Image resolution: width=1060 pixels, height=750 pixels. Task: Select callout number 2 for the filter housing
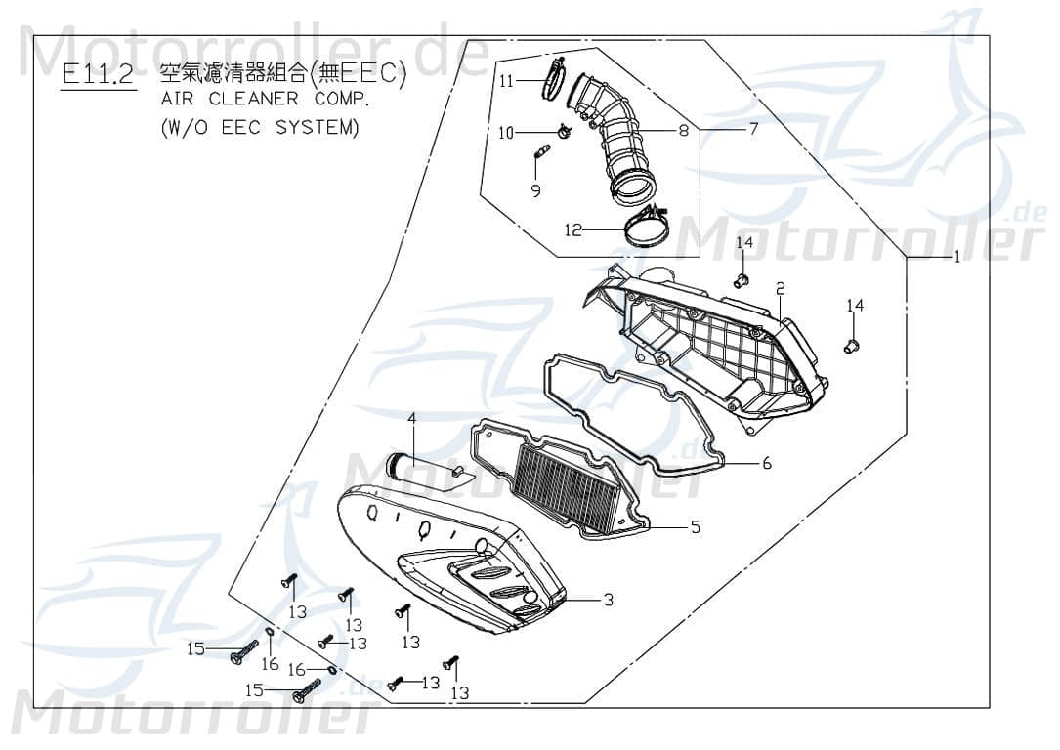click(x=781, y=288)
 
